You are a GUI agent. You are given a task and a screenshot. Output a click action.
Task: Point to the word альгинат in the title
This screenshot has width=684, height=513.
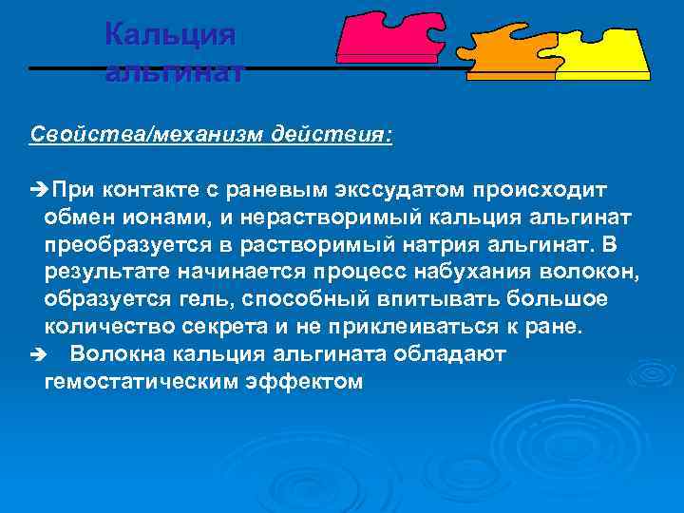(175, 72)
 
